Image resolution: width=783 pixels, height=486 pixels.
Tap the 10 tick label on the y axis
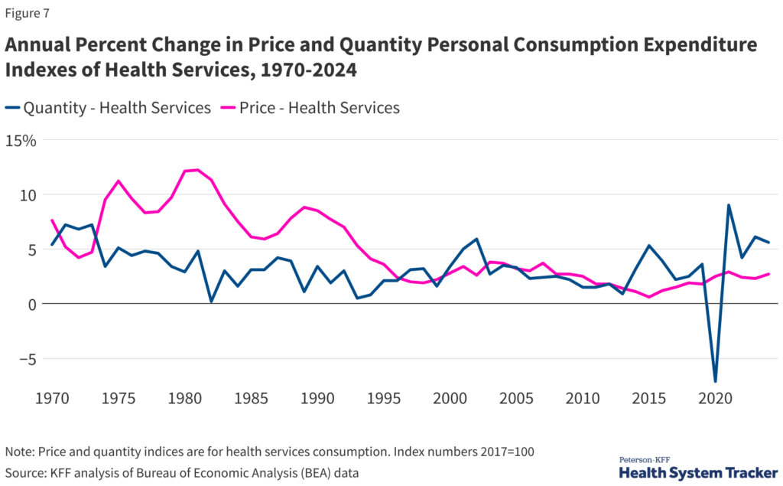28,195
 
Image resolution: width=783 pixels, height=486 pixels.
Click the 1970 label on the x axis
51,399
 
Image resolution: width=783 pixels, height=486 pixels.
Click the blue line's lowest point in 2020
716,380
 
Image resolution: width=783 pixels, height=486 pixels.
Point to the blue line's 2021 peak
729,205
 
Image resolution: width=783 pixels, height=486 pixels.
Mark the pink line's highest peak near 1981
198,170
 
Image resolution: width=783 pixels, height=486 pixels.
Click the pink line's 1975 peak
119,181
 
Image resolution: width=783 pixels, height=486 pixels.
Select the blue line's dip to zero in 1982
211,302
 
